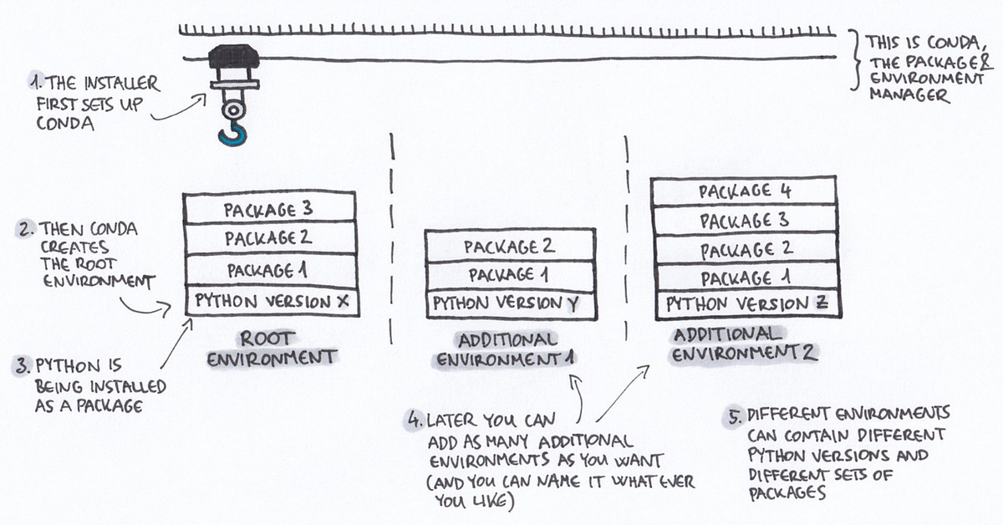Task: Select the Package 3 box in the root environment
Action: click(x=270, y=208)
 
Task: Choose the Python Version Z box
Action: click(x=746, y=304)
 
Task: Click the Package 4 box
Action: click(x=744, y=191)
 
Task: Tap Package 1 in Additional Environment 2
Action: click(x=744, y=278)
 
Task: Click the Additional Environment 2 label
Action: click(x=744, y=344)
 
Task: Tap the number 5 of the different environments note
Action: click(x=733, y=415)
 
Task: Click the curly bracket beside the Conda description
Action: click(x=854, y=59)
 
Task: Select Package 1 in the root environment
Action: click(x=270, y=270)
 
